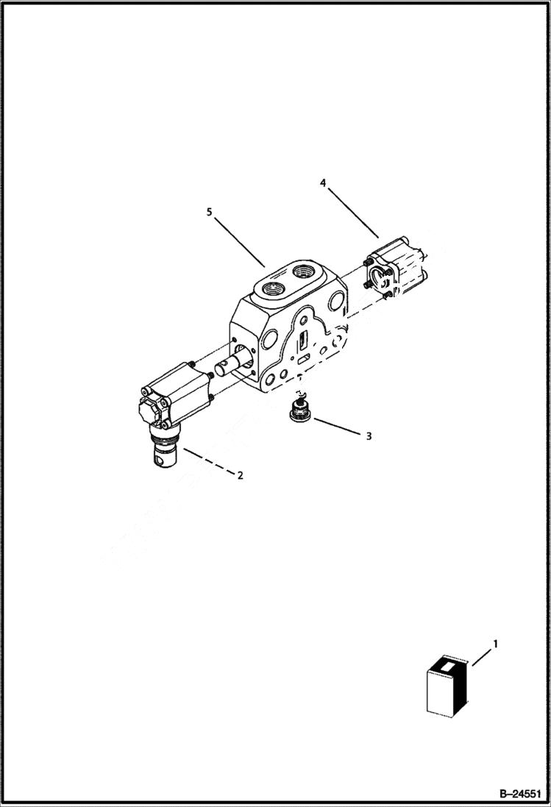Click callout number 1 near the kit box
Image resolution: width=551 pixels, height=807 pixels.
coord(495,644)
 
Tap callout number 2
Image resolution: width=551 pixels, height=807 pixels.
coord(240,475)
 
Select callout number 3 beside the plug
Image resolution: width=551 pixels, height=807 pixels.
coord(369,436)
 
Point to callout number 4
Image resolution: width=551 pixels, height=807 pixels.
coord(322,182)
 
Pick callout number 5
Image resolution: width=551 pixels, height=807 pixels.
coord(210,212)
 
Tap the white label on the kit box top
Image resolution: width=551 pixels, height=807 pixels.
coord(447,665)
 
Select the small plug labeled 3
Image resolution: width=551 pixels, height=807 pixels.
coord(300,410)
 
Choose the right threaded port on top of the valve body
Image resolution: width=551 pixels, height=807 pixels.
coord(303,273)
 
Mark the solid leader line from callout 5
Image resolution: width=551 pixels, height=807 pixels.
coord(237,240)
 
